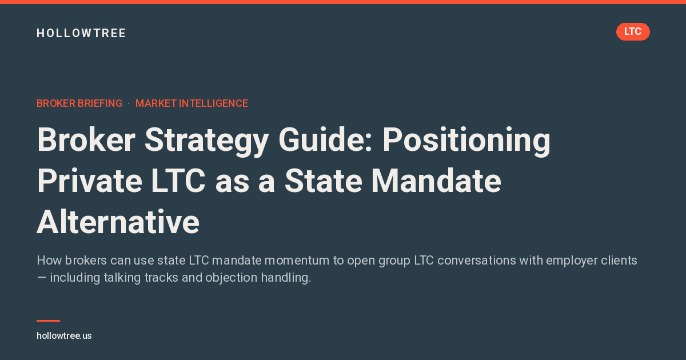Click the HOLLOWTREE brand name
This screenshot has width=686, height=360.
(x=81, y=33)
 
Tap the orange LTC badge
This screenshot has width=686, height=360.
(x=633, y=31)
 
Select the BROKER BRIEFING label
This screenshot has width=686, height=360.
(x=79, y=103)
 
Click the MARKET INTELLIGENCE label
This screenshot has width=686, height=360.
(x=192, y=103)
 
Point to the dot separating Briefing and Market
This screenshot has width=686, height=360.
(x=129, y=104)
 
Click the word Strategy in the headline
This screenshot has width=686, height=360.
(x=207, y=141)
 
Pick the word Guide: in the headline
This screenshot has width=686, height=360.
(x=325, y=139)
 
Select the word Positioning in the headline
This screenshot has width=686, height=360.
(x=466, y=141)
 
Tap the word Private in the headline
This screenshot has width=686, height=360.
(x=89, y=181)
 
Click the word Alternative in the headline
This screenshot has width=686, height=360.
(x=118, y=222)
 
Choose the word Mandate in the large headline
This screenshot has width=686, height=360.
(x=436, y=181)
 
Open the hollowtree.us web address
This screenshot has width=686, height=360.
(x=64, y=336)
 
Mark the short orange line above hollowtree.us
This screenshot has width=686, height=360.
(x=49, y=321)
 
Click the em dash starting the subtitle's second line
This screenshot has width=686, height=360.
(x=41, y=278)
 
